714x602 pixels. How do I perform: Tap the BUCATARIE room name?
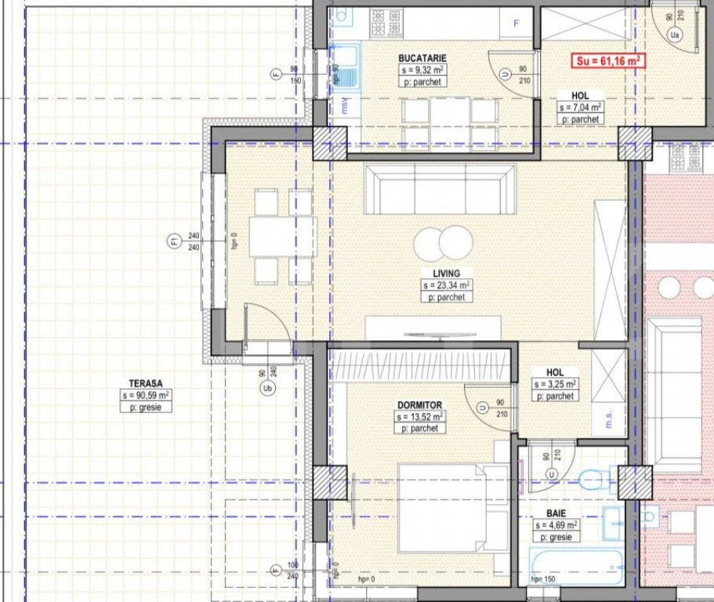(422, 58)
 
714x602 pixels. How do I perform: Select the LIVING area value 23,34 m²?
(445, 285)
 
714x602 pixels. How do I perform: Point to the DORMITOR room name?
(419, 405)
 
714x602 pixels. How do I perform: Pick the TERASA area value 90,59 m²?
(146, 396)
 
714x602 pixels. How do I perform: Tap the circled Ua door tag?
(675, 34)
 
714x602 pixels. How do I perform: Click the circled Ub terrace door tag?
(268, 390)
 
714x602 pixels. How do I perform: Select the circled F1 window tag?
(174, 241)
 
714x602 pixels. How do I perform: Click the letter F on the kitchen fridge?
(516, 23)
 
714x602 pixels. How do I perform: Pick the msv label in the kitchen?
(343, 104)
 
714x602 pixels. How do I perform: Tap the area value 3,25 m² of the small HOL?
(555, 384)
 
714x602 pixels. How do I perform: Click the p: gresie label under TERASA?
(146, 408)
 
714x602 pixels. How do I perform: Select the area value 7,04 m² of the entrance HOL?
(580, 107)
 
